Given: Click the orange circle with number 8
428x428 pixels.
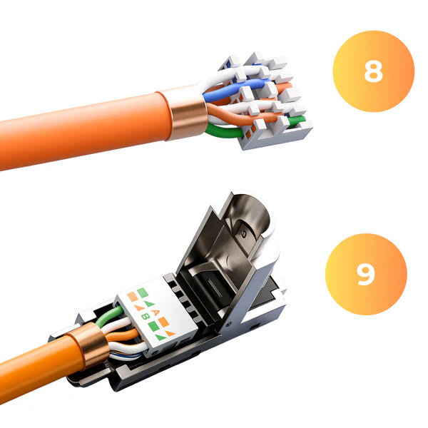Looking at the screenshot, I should (373, 71).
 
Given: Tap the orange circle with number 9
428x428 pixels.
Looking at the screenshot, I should (365, 274).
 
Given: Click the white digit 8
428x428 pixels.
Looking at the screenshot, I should (373, 71).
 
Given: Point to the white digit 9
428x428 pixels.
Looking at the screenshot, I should (365, 274).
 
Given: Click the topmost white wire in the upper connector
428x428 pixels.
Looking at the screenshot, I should (228, 71).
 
